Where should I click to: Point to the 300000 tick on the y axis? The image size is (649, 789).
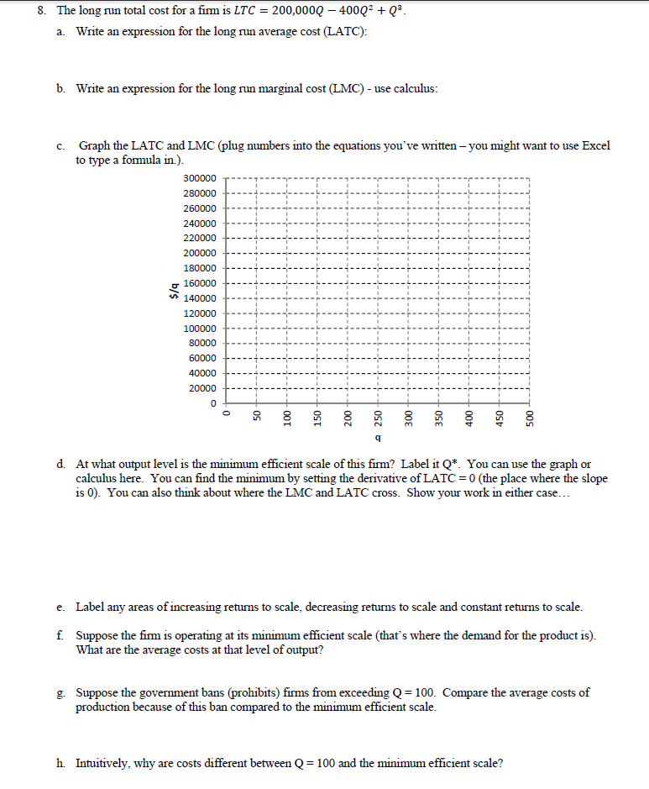pos(199,179)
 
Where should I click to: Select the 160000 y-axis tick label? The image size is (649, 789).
pos(199,283)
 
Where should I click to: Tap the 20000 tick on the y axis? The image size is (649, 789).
pos(202,388)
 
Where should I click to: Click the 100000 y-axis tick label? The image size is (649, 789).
pos(199,329)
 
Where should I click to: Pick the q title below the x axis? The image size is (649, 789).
pos(378,439)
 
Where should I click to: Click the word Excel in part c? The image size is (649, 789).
pos(595,145)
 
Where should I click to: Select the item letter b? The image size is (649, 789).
pos(61,88)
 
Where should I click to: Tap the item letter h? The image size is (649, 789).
pos(61,764)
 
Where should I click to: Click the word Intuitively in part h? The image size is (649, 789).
pos(102,764)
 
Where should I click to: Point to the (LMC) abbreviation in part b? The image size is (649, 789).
pos(338,88)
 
